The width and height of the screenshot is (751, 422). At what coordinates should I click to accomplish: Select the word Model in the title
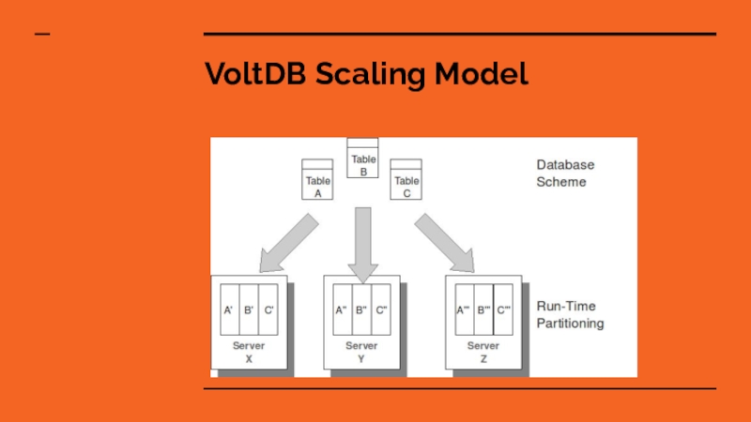483,74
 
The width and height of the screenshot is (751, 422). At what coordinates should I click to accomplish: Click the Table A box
317,180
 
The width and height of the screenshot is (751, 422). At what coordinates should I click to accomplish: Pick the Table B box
362,159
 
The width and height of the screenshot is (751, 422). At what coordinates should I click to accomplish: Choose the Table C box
406,180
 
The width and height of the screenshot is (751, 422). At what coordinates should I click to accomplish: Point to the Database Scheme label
565,173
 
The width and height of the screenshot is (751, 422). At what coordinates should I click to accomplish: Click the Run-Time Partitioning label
570,314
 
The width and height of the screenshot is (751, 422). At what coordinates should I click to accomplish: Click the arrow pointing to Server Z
444,242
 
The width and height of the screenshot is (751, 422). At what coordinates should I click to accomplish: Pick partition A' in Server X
228,309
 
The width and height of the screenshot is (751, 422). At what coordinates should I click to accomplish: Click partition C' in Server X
268,309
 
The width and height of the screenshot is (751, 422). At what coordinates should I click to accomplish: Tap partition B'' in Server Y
360,309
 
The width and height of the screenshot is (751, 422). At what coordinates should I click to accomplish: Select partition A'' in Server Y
341,309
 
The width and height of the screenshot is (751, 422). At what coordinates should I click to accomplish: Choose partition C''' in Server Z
504,309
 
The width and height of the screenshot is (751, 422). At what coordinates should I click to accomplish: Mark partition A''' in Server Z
463,309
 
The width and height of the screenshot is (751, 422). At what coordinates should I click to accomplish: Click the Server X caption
249,352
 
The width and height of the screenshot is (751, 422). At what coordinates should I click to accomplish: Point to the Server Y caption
361,352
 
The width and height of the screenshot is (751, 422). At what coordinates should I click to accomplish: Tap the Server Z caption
483,352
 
